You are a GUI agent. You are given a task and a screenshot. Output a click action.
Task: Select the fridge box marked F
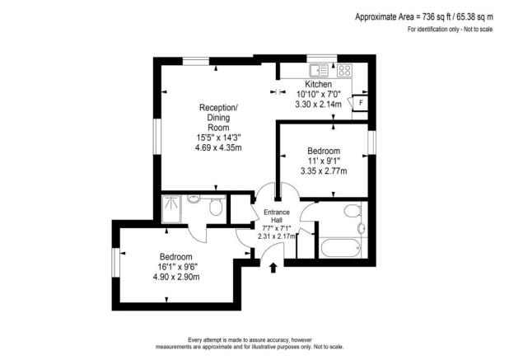[x=359, y=102]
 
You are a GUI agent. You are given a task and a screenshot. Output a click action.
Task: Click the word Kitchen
[x=319, y=85]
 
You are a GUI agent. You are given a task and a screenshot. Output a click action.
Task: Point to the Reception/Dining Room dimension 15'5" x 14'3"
[x=218, y=138]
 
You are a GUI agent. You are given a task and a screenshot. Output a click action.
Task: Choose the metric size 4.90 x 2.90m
[x=176, y=277]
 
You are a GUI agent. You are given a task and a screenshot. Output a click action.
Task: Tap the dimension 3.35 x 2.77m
[x=324, y=171]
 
